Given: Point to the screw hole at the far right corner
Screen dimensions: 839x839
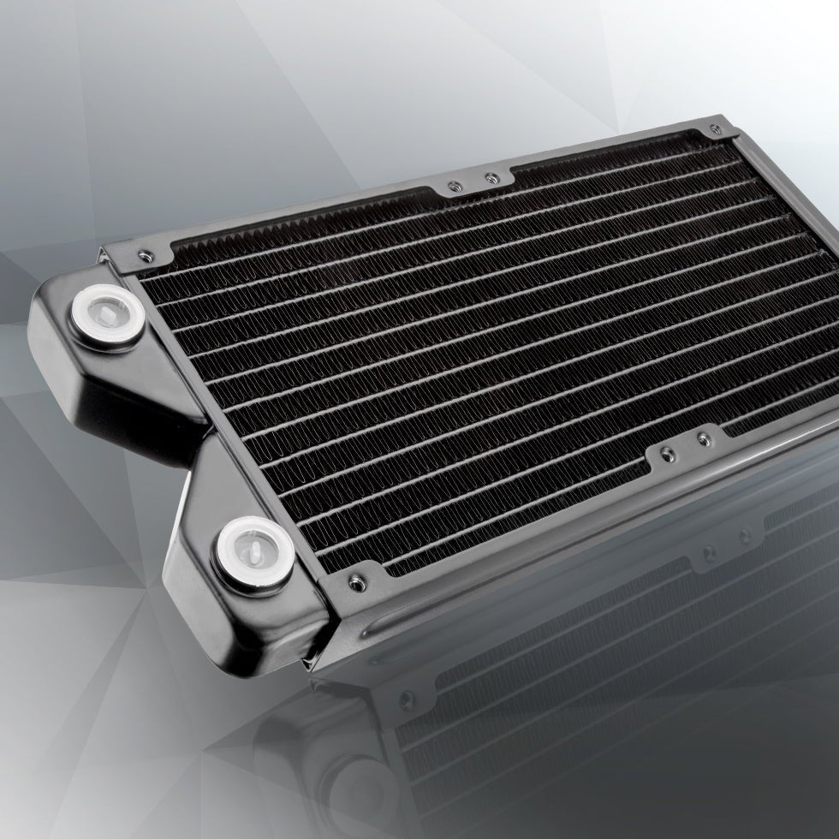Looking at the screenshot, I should coord(711,129).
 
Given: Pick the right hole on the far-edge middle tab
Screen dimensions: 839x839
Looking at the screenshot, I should coord(490,178).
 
